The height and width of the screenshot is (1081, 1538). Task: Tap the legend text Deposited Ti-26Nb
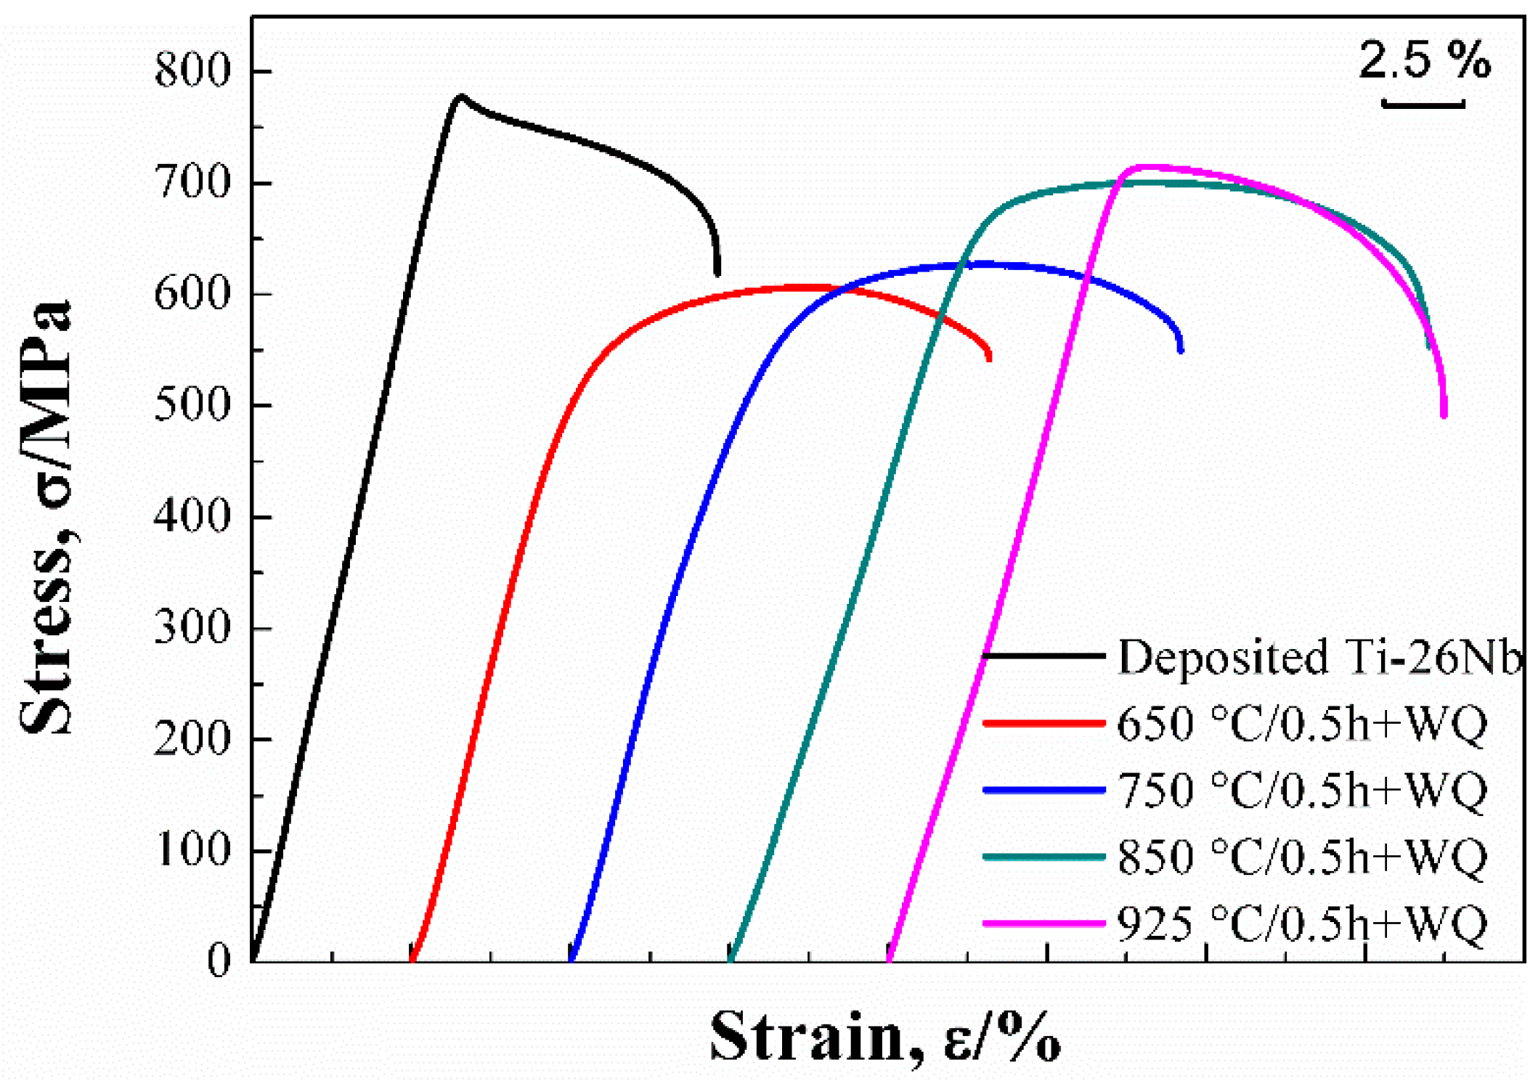click(1318, 657)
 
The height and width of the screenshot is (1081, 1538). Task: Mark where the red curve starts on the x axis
click(412, 960)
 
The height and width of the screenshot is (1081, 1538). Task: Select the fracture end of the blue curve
click(1181, 350)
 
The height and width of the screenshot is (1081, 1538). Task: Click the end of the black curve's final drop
click(717, 274)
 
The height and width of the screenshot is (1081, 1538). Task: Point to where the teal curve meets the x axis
click(731, 960)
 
